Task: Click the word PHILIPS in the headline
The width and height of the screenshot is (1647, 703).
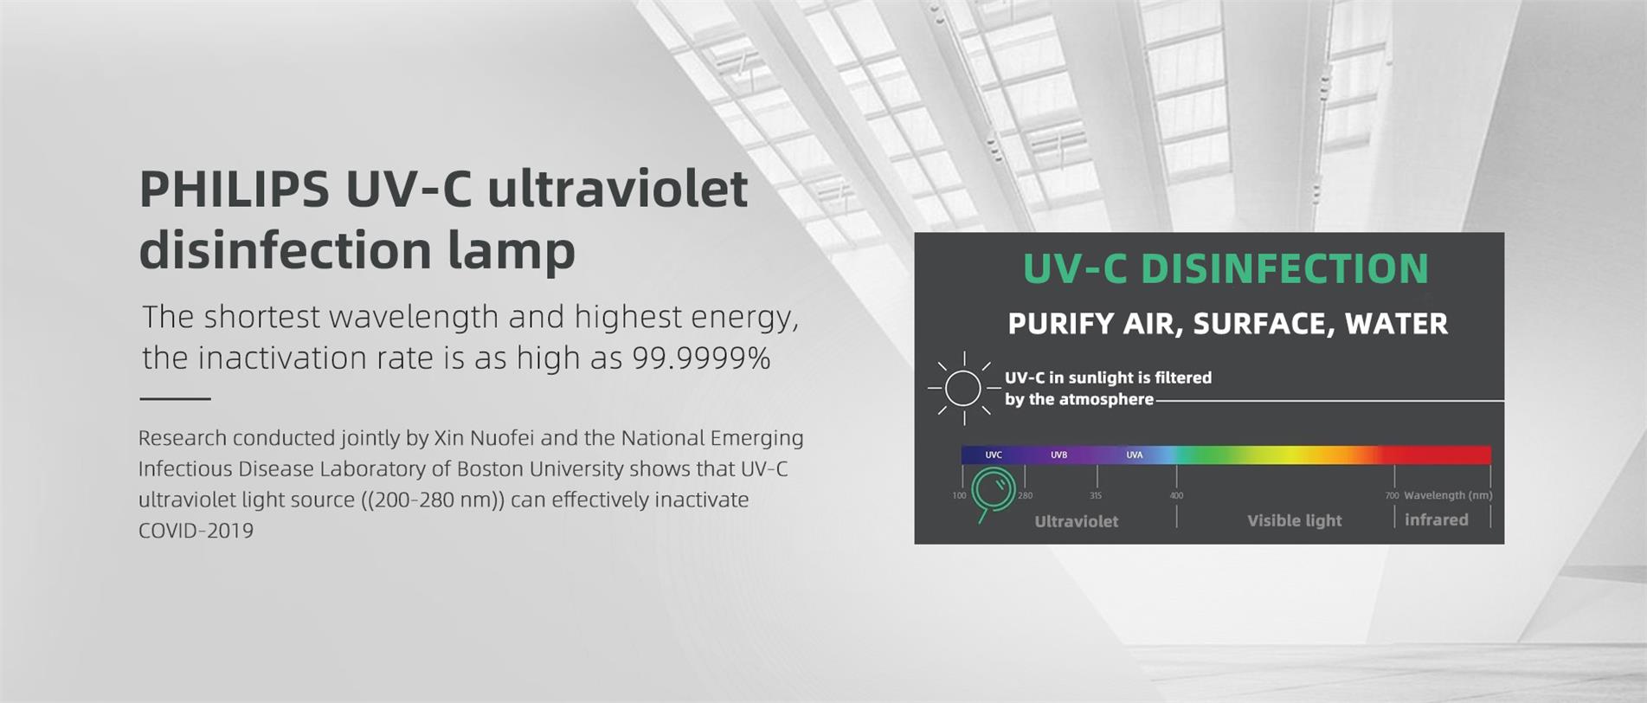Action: click(235, 189)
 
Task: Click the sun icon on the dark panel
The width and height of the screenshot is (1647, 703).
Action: click(963, 388)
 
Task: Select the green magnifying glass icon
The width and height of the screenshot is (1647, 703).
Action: click(992, 493)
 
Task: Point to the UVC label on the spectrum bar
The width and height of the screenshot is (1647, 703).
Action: click(994, 455)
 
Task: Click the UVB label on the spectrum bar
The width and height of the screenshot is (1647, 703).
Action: click(1058, 455)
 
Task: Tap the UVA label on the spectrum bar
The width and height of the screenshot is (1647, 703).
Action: click(1134, 455)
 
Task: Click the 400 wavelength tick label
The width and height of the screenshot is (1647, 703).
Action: click(1176, 496)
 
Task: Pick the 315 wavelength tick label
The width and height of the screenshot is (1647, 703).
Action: click(1096, 496)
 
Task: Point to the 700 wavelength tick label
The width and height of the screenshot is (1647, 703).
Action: click(1392, 496)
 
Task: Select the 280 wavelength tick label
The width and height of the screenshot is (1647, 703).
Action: click(1026, 496)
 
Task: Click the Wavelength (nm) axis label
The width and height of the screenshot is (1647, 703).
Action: click(1448, 495)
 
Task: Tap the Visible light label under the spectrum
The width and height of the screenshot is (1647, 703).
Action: click(1294, 520)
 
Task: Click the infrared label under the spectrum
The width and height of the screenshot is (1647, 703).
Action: click(1436, 519)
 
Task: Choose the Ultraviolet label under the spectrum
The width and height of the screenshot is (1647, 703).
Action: click(1076, 521)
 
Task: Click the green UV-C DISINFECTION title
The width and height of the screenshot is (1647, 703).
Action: click(1226, 268)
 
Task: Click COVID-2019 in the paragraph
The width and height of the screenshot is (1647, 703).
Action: click(196, 531)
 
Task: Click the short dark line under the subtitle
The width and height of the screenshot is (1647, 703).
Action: click(175, 399)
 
